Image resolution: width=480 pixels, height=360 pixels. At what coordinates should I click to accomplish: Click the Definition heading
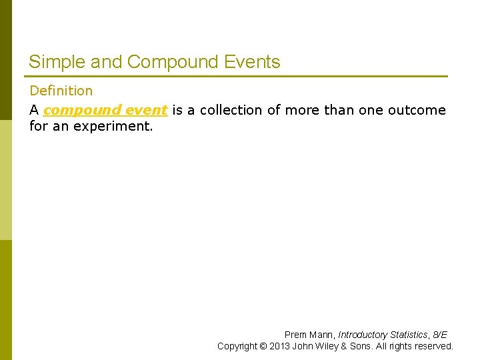click(x=61, y=91)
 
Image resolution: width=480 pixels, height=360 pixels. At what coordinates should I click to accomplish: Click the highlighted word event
click(x=145, y=110)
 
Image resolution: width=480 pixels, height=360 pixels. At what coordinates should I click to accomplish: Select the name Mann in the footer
click(x=322, y=335)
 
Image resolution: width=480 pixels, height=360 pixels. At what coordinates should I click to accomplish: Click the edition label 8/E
click(x=439, y=335)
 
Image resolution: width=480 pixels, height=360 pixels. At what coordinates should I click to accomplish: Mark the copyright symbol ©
click(x=263, y=346)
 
